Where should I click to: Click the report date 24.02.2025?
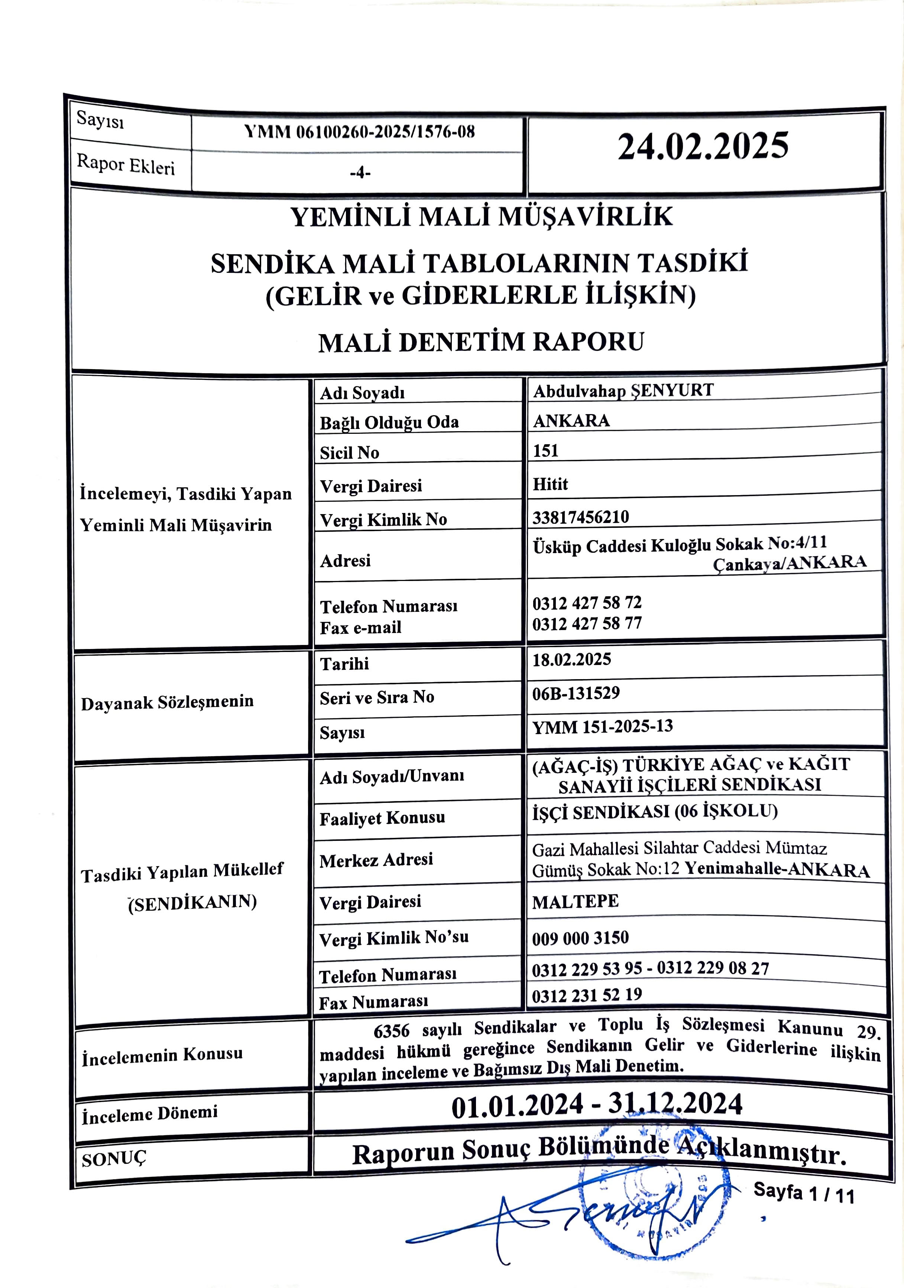pos(703,146)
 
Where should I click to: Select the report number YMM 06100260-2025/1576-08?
pos(359,132)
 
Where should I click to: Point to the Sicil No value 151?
pos(546,451)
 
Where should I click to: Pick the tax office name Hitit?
pos(550,484)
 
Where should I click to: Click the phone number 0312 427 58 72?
pos(587,603)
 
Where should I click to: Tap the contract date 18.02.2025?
pos(571,660)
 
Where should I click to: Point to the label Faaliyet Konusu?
pos(382,819)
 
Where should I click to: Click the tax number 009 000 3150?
pos(580,938)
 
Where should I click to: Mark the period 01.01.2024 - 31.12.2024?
pos(597,1105)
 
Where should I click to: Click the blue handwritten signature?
pos(566,1217)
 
